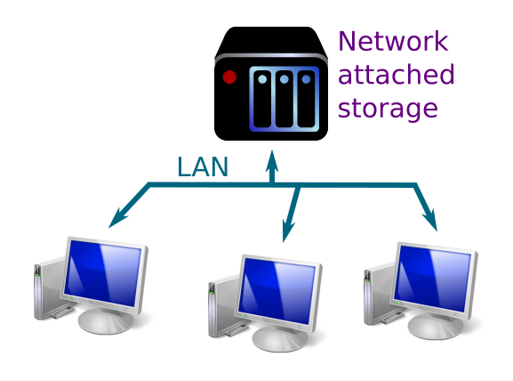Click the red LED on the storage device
click(x=229, y=77)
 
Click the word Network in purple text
click(x=393, y=42)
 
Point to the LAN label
click(x=203, y=169)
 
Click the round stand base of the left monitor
click(x=106, y=320)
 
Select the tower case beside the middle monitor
click(x=220, y=307)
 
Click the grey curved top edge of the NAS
click(x=271, y=58)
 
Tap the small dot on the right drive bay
click(x=307, y=78)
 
